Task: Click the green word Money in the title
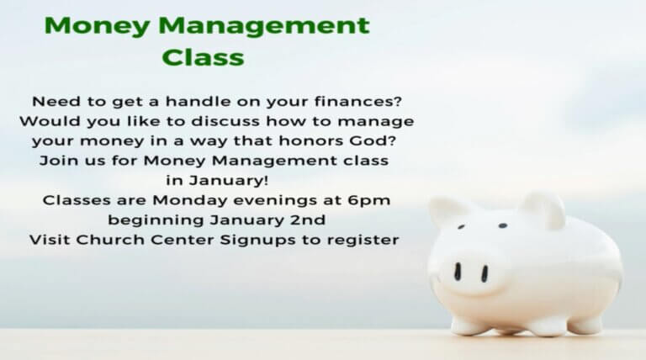[x=97, y=26]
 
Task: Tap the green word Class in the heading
[x=203, y=57]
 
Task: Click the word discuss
[x=225, y=121]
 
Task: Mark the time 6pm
[x=368, y=200]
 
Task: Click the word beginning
[x=156, y=220]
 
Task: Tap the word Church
[x=110, y=240]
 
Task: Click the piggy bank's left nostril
[x=458, y=272]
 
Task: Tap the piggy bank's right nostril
[x=484, y=273]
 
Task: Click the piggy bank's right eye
[x=503, y=225]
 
